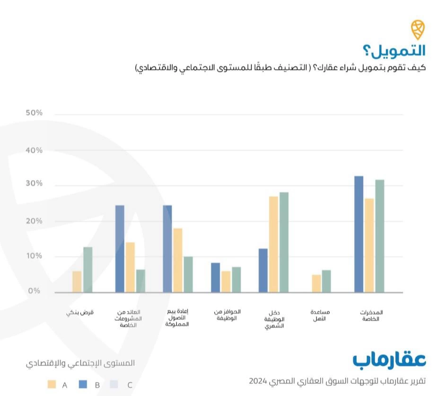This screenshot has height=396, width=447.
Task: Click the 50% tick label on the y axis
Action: tap(34, 114)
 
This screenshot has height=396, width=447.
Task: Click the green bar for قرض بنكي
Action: tap(88, 270)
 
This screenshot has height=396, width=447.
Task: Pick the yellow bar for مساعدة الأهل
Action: tap(316, 283)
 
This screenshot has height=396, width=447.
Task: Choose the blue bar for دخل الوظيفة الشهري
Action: tap(263, 270)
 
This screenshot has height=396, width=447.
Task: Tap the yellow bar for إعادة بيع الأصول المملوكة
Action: tap(178, 260)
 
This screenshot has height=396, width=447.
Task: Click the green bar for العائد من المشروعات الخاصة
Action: tap(140, 281)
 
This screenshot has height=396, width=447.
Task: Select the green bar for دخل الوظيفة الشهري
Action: tap(284, 242)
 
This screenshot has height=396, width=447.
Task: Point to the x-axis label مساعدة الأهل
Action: tap(320, 315)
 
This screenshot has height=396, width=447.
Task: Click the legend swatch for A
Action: tap(52, 384)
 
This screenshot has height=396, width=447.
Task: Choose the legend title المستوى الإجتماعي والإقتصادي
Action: tap(80, 363)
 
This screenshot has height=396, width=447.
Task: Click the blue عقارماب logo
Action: tap(389, 359)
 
